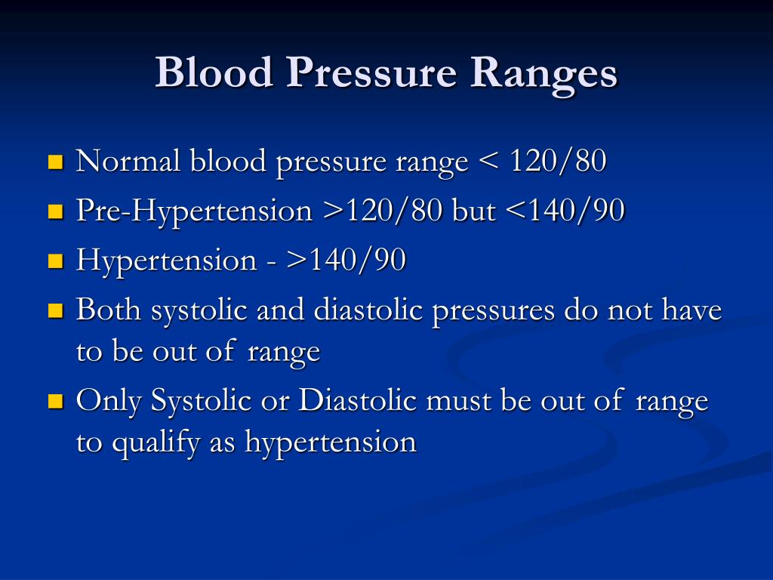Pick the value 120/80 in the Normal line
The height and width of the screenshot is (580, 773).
tap(558, 161)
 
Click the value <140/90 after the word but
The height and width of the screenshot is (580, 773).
tap(565, 211)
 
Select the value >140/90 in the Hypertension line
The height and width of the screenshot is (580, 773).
tap(345, 260)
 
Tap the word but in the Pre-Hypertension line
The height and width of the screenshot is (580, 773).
tap(473, 211)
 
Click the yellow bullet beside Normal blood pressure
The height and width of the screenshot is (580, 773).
tap(56, 162)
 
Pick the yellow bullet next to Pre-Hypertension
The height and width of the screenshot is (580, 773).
tap(56, 211)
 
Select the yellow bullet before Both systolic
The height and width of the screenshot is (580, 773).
tap(56, 310)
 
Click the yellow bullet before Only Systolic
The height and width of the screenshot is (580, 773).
tap(56, 401)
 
